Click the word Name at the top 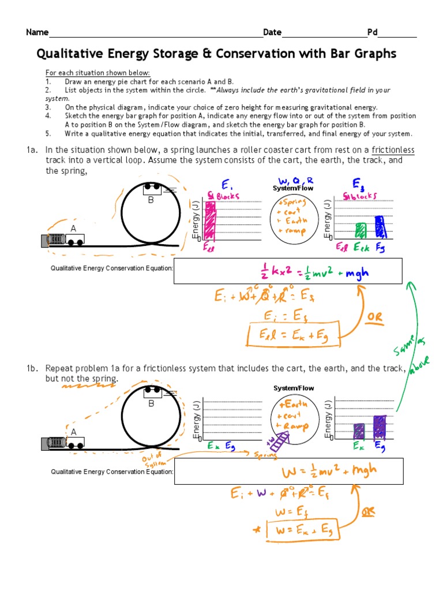(37, 32)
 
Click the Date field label (272, 32)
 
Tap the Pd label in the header (372, 32)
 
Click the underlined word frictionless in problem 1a (393, 150)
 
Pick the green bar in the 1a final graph (362, 230)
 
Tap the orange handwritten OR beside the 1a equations (372, 316)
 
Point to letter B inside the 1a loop (151, 200)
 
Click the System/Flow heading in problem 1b (293, 388)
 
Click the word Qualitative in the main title (70, 54)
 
